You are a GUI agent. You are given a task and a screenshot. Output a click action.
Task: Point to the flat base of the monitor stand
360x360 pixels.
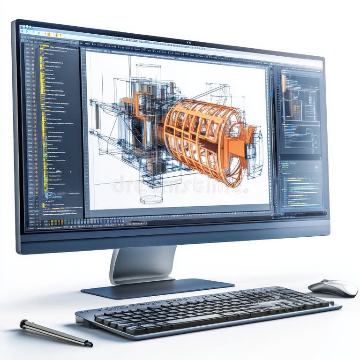[x=157, y=287]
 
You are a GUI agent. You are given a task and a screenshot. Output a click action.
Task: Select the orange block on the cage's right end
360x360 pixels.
[x=239, y=148]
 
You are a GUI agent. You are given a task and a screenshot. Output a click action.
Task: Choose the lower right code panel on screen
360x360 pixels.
[x=300, y=185]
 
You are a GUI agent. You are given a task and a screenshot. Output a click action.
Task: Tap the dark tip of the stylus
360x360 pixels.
[x=88, y=344]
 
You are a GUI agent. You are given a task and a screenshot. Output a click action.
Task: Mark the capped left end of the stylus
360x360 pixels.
[x=22, y=323]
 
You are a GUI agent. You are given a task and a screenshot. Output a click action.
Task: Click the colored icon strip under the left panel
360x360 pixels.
[x=66, y=223]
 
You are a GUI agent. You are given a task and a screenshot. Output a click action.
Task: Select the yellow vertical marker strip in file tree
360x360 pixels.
[x=43, y=117]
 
